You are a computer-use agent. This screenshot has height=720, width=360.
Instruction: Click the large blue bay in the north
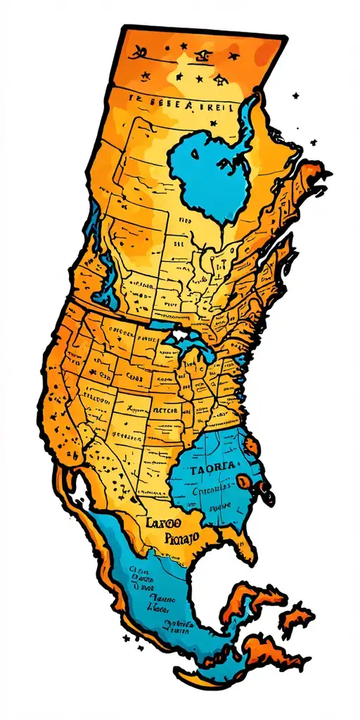click(x=211, y=169)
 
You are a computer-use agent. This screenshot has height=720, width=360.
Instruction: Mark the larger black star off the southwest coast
click(x=127, y=638)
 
